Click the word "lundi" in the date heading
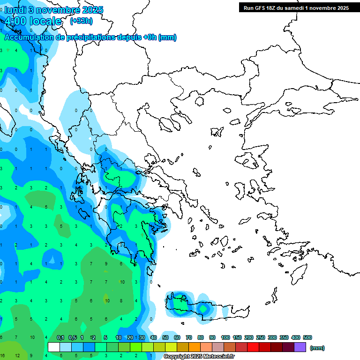tap(15, 10)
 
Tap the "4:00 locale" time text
tap(33, 21)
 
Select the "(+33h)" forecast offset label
tap(81, 21)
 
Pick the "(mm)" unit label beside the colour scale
tap(317, 348)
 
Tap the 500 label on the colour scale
tap(307, 337)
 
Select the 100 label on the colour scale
tap(225, 337)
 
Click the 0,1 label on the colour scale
tap(60, 337)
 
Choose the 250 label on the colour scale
tap(260, 337)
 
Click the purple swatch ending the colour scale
tap(300, 347)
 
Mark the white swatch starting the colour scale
tap(54, 347)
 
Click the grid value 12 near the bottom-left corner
tap(17, 356)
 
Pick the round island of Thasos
tap(199, 101)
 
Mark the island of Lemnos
tap(217, 131)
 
